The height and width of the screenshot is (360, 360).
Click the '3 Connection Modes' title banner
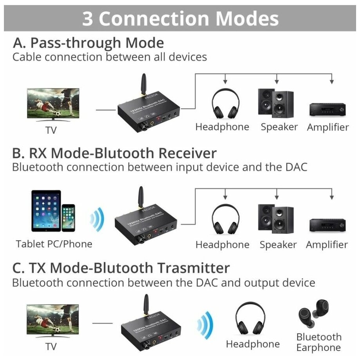[x=180, y=18]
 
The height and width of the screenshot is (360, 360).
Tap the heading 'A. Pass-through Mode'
[x=88, y=42]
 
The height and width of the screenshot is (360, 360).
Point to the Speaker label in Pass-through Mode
[x=279, y=127]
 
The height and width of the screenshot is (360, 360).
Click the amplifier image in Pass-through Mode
[x=327, y=109]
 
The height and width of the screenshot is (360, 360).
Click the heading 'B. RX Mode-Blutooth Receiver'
[x=114, y=152]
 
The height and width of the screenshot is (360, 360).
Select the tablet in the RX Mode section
[x=45, y=211]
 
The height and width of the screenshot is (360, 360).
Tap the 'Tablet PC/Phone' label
[x=54, y=244]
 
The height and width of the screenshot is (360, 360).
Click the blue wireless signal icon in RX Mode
[x=97, y=219]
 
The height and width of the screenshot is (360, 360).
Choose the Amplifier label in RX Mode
[x=327, y=245]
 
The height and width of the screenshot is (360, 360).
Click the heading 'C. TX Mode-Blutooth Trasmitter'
[x=121, y=268]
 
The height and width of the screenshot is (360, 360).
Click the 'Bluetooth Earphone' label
[x=319, y=342]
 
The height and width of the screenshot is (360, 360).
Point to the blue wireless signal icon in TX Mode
[x=204, y=322]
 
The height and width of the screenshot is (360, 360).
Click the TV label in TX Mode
[x=51, y=346]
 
